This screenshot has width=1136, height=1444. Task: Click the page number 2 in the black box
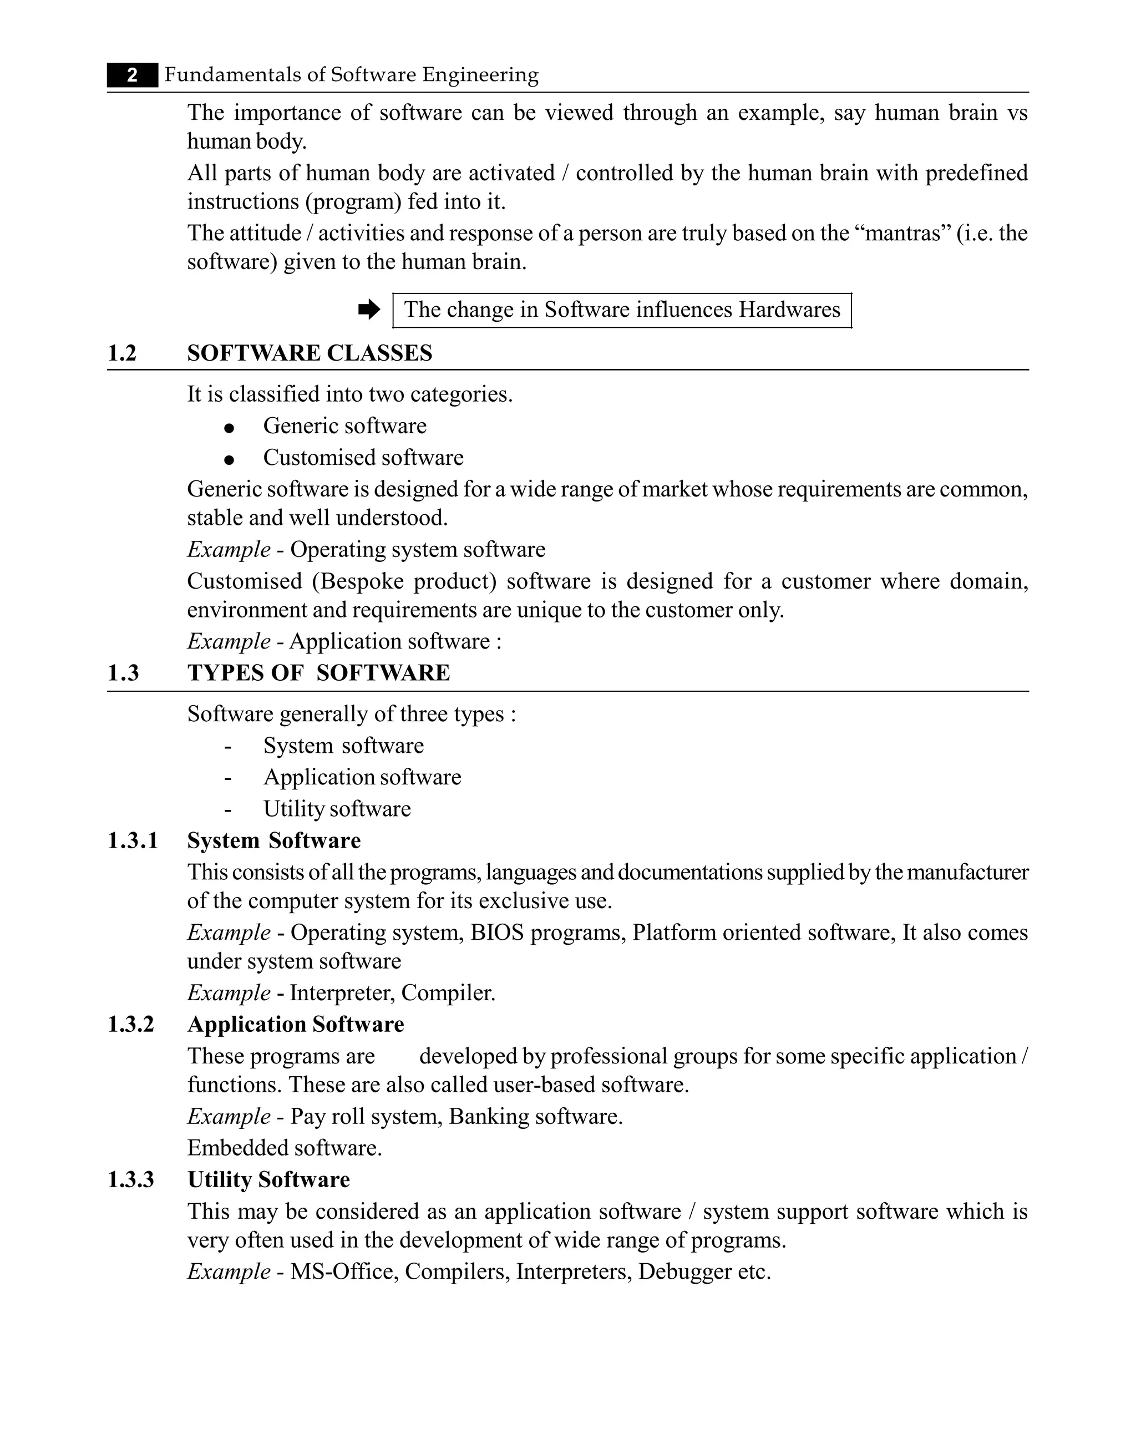133,75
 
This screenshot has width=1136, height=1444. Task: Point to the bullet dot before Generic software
229,428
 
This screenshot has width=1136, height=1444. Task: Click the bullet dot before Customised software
229,459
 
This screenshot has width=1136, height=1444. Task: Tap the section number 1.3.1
133,841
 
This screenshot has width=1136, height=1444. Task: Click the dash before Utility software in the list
228,810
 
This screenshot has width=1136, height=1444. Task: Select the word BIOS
497,933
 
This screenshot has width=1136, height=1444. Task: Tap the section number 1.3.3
131,1180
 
